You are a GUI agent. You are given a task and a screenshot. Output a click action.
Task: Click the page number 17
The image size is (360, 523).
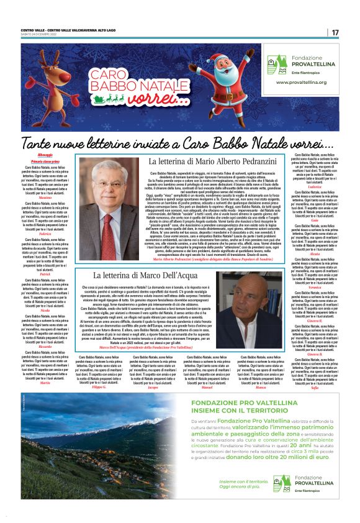click(335, 32)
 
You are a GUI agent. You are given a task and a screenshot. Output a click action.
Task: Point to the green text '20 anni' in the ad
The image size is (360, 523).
click(277, 445)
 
